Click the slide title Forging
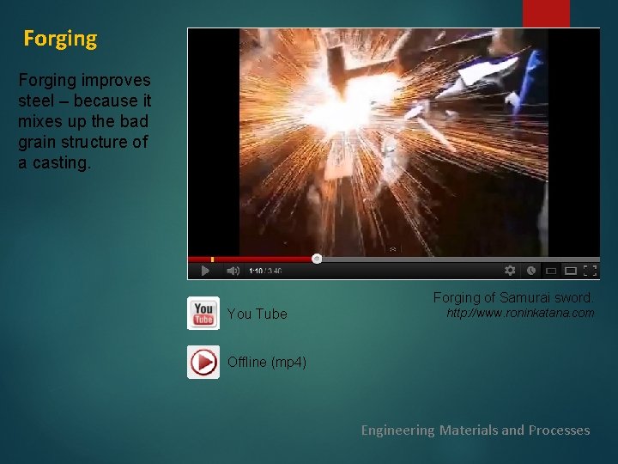click(60, 39)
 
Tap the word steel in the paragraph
click(35, 100)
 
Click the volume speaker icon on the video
click(233, 271)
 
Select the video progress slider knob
click(317, 258)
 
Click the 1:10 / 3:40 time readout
click(264, 272)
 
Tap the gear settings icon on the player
click(510, 270)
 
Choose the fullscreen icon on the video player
click(590, 270)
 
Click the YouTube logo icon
click(203, 314)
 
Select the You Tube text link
click(257, 314)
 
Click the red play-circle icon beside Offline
click(203, 363)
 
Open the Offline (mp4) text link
click(266, 363)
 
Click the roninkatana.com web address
click(520, 314)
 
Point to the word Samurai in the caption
click(524, 297)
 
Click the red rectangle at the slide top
click(546, 13)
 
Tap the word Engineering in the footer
click(397, 430)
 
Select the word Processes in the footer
click(559, 430)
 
